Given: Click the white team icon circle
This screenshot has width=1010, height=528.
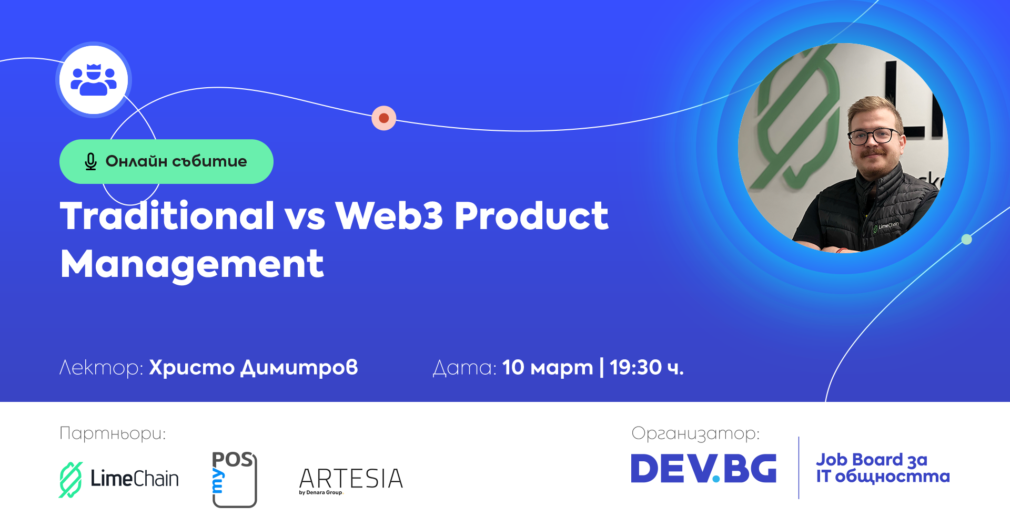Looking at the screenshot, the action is [94, 80].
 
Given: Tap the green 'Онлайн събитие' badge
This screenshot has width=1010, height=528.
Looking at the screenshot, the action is [166, 161].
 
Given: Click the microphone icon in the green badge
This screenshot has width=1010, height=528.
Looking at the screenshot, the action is [90, 162].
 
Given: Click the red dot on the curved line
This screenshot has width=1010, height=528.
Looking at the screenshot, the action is [384, 118].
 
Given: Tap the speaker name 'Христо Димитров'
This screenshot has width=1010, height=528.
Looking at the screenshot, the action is [254, 368].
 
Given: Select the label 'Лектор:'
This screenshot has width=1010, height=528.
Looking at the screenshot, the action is [102, 368].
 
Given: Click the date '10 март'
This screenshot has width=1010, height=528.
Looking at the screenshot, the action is [548, 368].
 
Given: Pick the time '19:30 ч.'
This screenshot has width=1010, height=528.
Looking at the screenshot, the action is [647, 368].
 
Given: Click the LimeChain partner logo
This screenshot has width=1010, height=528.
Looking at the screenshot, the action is [119, 479].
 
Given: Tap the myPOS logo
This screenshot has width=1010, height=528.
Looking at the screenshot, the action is [234, 479].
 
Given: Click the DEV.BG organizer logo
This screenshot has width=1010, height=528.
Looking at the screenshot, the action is [704, 469].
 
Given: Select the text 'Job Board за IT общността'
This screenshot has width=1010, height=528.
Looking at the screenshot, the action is [883, 468].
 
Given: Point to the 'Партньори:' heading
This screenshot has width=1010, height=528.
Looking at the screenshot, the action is [113, 433].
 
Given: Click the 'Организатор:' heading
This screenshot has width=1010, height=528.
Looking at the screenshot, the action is [695, 433].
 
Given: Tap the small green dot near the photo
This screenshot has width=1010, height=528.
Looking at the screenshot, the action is [966, 240].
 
